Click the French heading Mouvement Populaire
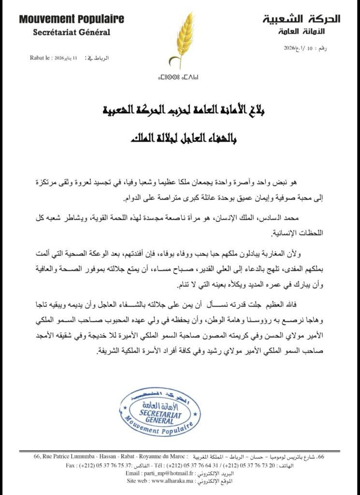pos(72,19)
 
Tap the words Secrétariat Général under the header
pos(72,32)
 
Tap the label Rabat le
pos(40,58)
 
